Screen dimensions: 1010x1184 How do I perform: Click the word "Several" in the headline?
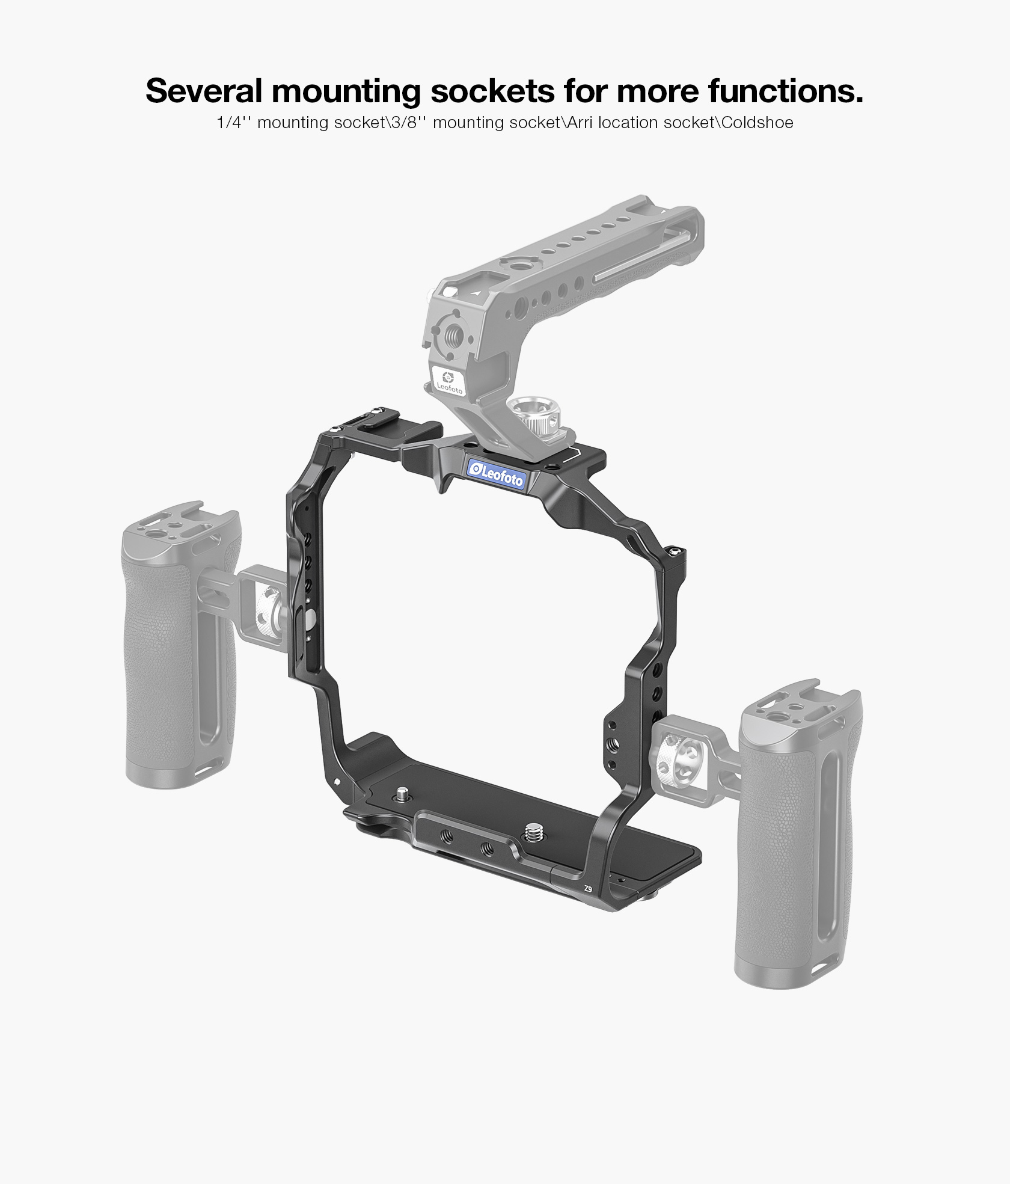click(x=204, y=91)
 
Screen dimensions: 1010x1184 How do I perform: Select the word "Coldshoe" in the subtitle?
click(x=757, y=123)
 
